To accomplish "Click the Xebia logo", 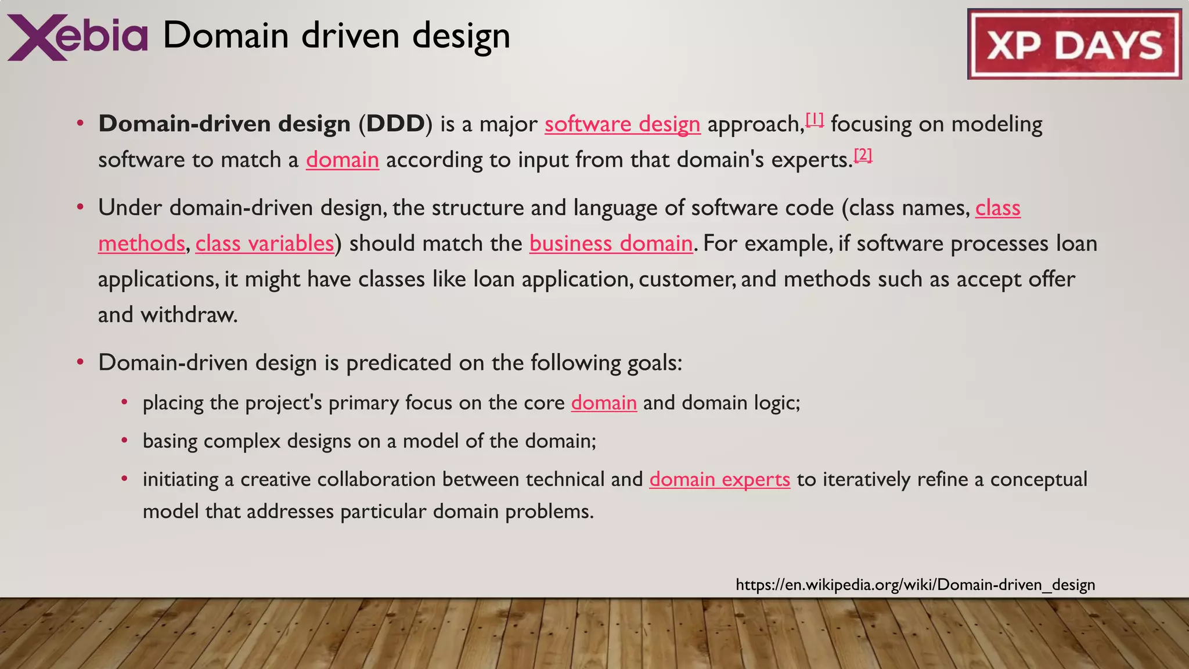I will [x=77, y=37].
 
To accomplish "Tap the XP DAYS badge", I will [x=1074, y=45].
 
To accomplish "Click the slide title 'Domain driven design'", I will [x=336, y=36].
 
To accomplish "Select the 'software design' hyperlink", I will [x=622, y=124].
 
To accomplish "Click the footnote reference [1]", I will [x=815, y=120].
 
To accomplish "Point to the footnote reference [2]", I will [x=863, y=155].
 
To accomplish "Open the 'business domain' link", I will [x=611, y=244].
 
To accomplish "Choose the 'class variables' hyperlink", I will [x=265, y=244].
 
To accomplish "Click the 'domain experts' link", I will [x=719, y=480].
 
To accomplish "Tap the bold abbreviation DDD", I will [x=395, y=124].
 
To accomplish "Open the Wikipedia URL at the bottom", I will [x=915, y=585].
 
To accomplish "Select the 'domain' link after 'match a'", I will [x=343, y=160].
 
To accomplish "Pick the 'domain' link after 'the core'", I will [x=604, y=403].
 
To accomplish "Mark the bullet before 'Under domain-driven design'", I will [x=81, y=207].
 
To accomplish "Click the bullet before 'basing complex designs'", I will [x=124, y=441].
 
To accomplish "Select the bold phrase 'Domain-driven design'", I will [x=224, y=124].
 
